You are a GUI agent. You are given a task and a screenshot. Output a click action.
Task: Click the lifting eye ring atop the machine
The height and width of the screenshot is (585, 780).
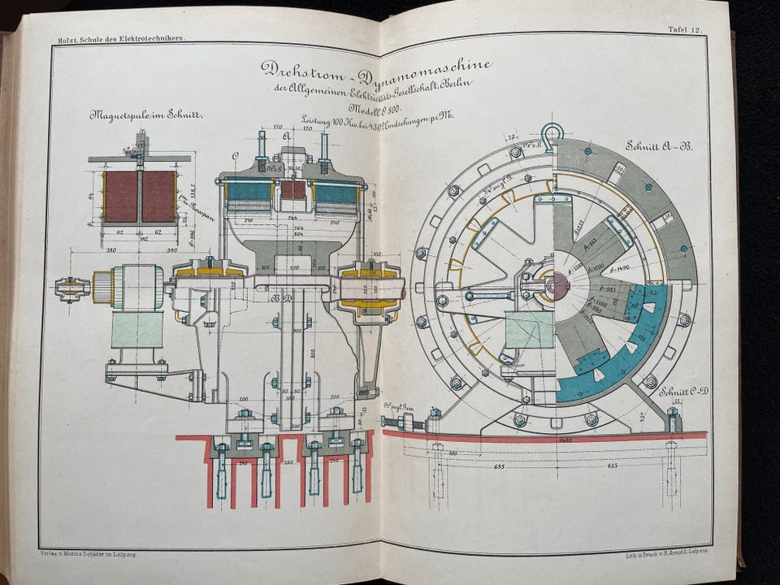552,132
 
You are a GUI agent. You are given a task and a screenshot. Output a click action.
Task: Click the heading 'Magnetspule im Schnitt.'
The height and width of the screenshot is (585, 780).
146,115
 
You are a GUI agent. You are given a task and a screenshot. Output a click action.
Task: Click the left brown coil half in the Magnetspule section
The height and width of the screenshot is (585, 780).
120,196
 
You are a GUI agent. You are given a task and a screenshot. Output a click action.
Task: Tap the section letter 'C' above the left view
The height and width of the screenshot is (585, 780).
236,154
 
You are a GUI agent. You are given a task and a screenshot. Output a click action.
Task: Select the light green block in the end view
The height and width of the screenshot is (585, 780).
528,329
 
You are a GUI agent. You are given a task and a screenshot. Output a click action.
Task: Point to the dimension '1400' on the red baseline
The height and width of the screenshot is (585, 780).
565,440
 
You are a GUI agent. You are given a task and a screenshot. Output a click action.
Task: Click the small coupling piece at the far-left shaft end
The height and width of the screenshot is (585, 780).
71,288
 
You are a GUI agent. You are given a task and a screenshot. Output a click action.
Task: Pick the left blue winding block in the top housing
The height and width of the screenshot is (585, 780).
249,191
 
